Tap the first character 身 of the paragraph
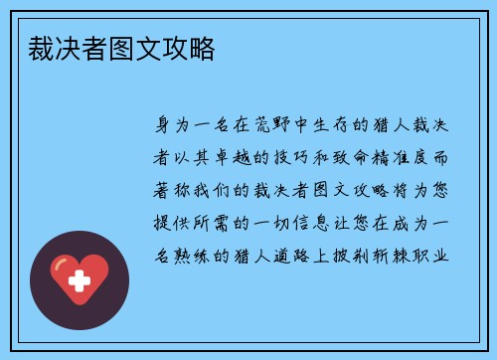pyautogui.click(x=158, y=127)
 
